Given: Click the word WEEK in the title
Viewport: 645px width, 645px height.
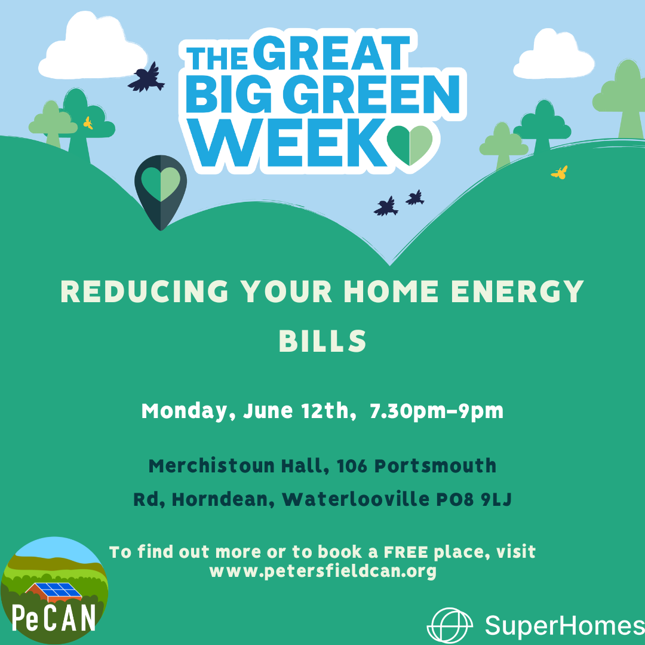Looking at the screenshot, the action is [289, 143].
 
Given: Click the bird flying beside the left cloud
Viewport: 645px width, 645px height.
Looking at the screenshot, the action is [146, 77].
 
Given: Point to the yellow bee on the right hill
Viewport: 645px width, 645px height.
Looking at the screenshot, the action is [560, 173].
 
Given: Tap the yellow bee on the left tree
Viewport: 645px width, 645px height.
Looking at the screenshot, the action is [88, 123].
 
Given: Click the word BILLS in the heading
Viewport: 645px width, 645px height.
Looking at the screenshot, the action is [322, 341].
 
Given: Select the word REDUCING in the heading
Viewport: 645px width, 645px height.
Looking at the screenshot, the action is [145, 291].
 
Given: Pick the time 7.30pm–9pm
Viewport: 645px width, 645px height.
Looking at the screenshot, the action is [437, 411].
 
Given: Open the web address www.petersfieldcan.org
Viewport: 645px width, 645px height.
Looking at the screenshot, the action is [323, 571].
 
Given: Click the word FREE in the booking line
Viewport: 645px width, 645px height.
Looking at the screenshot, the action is [406, 552].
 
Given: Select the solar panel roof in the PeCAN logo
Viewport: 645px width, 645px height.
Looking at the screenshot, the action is [54, 591].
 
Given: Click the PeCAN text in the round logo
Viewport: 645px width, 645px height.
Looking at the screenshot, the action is [54, 618].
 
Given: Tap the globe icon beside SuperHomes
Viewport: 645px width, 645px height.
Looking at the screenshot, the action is [450, 625].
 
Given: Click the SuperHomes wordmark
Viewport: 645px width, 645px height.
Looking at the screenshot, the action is [565, 626].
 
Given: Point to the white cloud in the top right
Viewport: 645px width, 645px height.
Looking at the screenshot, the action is [554, 54].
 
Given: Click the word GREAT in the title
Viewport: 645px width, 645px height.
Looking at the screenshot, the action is [331, 53].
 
